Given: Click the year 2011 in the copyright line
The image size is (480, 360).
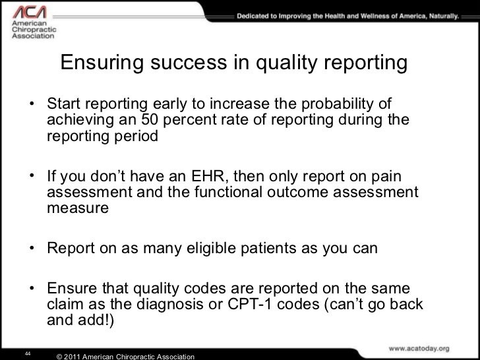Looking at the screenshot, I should pyautogui.click(x=82, y=356).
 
